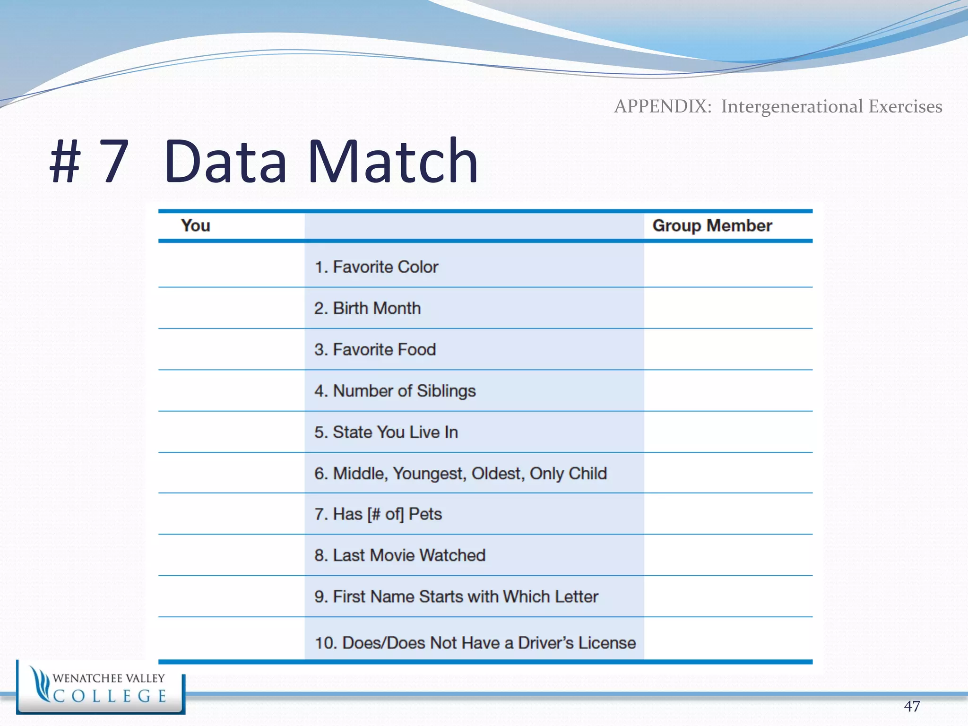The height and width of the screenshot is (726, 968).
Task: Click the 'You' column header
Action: tap(195, 226)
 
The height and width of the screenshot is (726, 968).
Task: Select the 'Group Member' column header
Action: tap(712, 226)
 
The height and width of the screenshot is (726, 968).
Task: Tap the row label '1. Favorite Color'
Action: tap(376, 267)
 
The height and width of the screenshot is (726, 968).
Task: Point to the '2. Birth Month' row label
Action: tap(367, 308)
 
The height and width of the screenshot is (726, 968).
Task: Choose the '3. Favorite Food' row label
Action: tap(375, 350)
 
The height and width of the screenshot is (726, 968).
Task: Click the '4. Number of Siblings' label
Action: tap(395, 391)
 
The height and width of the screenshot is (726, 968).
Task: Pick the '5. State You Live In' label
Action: tap(386, 432)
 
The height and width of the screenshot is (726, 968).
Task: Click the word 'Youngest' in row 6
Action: tap(429, 473)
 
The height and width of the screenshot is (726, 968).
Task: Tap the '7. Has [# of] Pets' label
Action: tap(378, 514)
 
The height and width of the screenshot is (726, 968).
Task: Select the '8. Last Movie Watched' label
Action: tap(400, 555)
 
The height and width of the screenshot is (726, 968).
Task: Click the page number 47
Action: tap(912, 706)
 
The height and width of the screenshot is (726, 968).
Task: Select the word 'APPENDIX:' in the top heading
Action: tap(663, 106)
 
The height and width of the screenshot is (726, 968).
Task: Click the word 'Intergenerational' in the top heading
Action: tap(792, 106)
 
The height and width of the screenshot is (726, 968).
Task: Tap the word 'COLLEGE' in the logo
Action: tap(110, 696)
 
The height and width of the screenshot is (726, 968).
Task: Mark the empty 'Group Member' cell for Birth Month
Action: tap(728, 308)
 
